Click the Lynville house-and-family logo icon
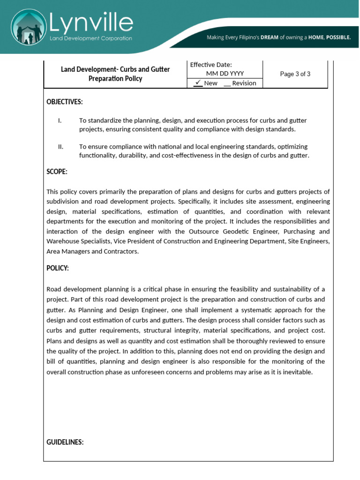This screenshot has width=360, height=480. click(30, 28)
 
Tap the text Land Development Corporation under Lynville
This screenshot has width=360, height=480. click(91, 38)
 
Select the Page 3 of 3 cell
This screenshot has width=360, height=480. click(295, 74)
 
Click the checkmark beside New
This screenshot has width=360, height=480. click(198, 83)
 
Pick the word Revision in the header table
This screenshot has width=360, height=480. click(244, 83)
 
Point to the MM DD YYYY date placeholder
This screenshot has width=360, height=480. click(225, 74)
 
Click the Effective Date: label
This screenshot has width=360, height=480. click(211, 65)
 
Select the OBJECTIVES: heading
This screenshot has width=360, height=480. click(65, 102)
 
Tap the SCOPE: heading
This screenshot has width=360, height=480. click(57, 172)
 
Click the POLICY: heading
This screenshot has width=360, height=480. click(58, 268)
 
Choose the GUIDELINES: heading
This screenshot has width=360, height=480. click(65, 442)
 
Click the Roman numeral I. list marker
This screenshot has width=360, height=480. click(60, 120)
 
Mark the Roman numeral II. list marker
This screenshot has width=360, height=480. click(61, 147)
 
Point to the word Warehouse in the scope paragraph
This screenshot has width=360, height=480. click(62, 241)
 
